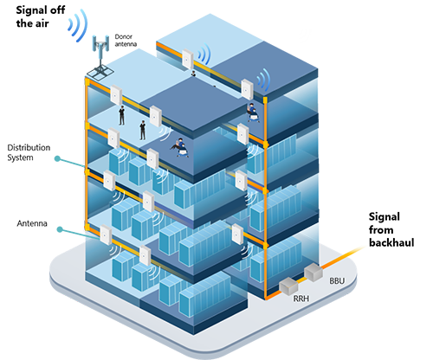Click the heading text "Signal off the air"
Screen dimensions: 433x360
point(41,16)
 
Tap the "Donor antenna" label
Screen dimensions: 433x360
point(126,41)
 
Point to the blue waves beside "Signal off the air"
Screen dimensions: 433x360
point(77,25)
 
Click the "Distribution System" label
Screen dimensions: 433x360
point(29,152)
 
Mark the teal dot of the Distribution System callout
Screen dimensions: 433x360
point(57,158)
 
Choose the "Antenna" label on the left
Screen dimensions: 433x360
point(32,223)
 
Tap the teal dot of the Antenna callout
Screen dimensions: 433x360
point(60,229)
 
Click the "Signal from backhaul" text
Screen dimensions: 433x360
point(391,229)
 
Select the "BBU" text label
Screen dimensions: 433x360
point(337,280)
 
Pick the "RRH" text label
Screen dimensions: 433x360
point(301,299)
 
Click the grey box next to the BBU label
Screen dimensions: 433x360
point(313,272)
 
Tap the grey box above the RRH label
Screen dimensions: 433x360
point(288,286)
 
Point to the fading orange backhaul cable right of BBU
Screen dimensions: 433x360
point(343,258)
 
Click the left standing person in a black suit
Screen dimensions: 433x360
point(122,115)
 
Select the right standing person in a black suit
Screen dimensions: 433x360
point(142,130)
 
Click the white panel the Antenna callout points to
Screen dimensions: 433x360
point(106,235)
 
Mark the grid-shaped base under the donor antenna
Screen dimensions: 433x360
point(100,73)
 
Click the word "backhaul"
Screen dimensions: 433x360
point(391,242)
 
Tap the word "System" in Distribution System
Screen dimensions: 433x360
point(20,157)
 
